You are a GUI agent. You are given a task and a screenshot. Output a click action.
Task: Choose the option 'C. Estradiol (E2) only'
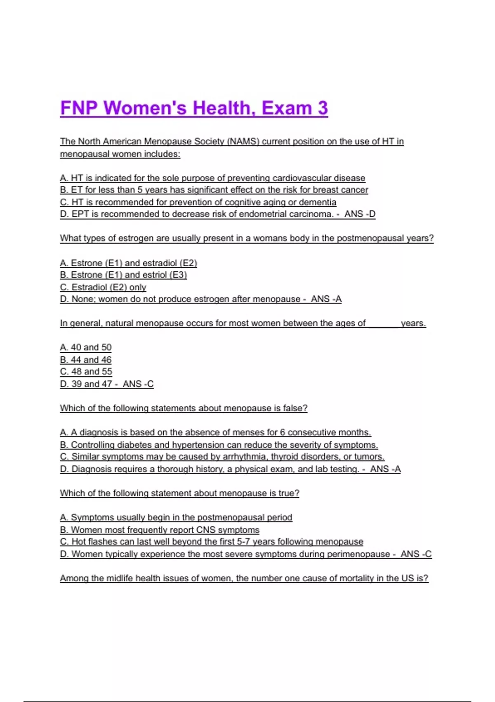[x=103, y=287]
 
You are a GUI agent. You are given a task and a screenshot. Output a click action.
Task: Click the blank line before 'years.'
[x=383, y=323]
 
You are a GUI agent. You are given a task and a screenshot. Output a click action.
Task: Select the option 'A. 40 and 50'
[x=86, y=348]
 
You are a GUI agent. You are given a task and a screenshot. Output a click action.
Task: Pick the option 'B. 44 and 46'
[x=86, y=360]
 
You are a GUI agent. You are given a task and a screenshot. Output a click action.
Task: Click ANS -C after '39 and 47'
[x=138, y=384]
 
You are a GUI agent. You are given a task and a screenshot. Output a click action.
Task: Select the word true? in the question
[x=288, y=493]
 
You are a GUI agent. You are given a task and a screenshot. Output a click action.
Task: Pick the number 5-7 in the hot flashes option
[x=243, y=542]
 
